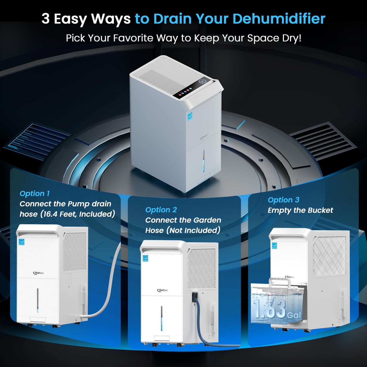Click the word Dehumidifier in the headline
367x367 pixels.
coord(279,19)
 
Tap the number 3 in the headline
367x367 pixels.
coord(45,19)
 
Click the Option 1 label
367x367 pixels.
coord(35,194)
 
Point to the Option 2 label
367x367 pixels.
coord(161,210)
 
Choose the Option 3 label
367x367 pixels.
coord(283,200)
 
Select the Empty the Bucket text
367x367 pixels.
coord(300,210)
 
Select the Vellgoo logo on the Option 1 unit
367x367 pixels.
coord(38,273)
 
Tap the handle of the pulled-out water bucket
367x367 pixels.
coord(279,282)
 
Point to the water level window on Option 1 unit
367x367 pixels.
coord(38,300)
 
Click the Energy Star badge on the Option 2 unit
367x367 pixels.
coord(145,258)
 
